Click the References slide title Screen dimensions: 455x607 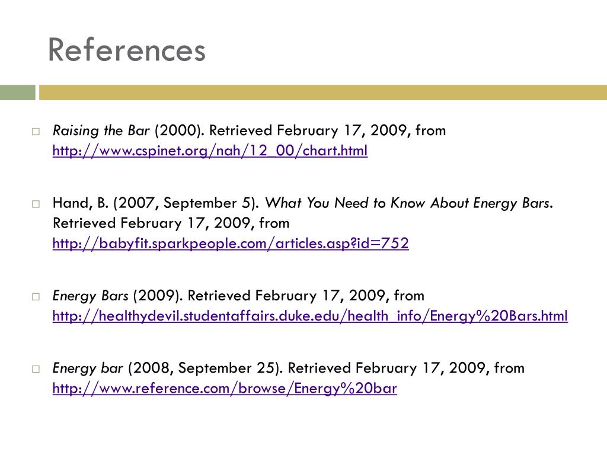(126, 50)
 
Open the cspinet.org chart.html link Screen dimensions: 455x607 (210, 151)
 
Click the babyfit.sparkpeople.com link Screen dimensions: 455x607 (231, 243)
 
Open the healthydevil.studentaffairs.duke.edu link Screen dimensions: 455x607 (310, 316)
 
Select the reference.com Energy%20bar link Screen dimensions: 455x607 (225, 389)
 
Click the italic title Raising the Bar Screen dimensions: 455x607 (101, 130)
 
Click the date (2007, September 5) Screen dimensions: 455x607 (187, 203)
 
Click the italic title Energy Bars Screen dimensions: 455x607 (91, 295)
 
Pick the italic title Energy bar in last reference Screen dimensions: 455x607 (88, 368)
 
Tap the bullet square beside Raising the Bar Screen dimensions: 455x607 (36, 131)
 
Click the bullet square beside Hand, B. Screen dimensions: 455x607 (36, 204)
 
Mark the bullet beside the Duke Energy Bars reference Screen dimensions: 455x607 (36, 296)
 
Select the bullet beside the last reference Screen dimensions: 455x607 (36, 369)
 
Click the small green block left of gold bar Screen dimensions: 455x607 (17, 92)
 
